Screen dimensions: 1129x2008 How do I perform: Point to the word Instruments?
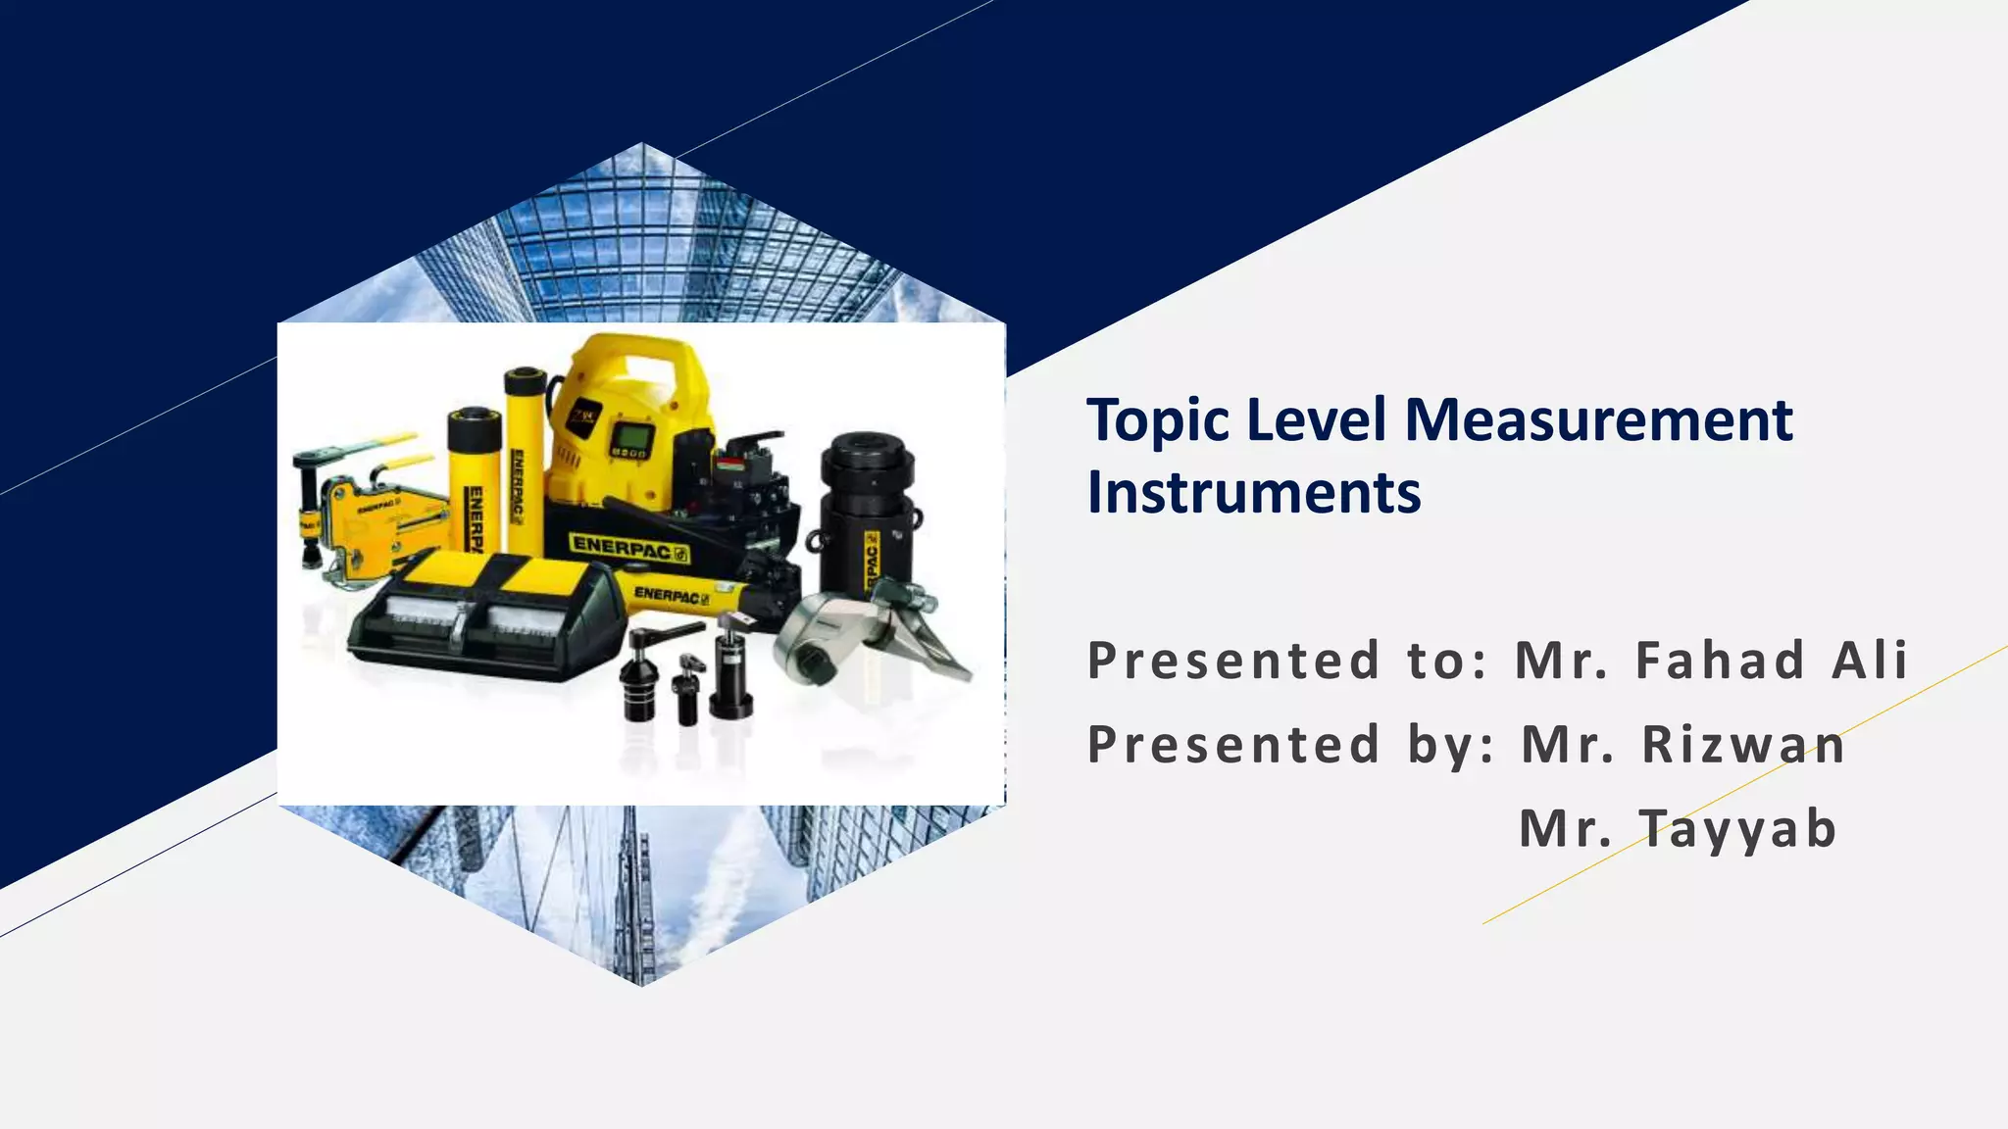[1253, 492]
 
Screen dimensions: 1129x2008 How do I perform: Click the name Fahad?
[1720, 660]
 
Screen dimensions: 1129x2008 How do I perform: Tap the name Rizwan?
[1743, 744]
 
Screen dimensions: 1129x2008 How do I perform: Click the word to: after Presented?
[1447, 660]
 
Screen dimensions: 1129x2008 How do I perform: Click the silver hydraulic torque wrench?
[853, 637]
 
